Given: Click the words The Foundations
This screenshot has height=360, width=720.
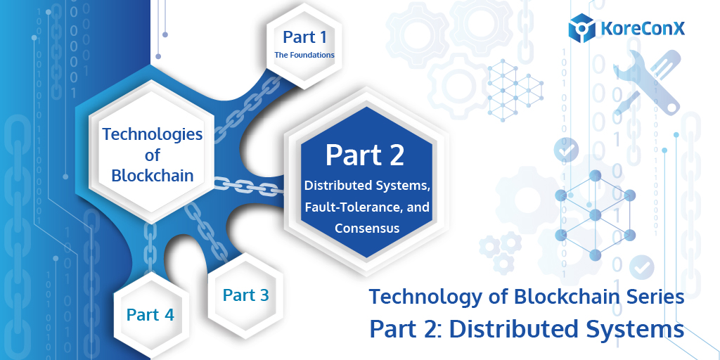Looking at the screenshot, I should [x=304, y=54].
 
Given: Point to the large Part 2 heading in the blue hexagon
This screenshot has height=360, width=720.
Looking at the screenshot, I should [x=364, y=154].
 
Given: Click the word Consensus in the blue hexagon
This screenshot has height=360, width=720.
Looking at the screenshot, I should [x=367, y=228].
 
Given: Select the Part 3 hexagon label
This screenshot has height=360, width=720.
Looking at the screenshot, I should [x=245, y=295].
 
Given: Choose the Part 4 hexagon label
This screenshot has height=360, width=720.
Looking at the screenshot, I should [x=150, y=314].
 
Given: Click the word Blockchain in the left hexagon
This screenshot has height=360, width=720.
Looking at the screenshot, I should [x=153, y=174].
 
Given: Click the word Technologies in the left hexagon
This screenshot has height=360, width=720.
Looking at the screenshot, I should [x=153, y=134].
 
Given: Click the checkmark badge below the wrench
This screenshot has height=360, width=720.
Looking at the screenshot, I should [x=565, y=149].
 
